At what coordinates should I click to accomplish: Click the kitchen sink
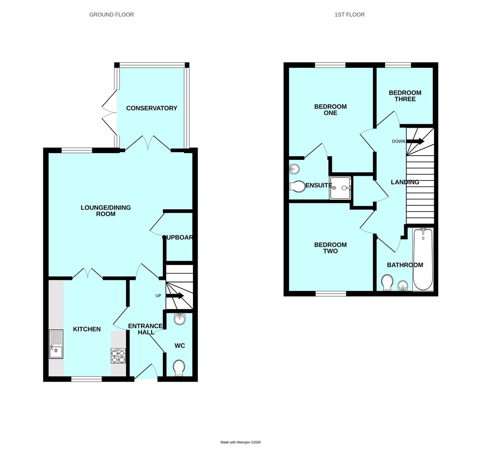click(56, 344)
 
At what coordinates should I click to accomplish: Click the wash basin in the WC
click(180, 319)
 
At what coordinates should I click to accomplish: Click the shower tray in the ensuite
click(340, 188)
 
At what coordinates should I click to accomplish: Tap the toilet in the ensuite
click(297, 186)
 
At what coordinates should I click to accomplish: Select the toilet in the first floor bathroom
click(387, 282)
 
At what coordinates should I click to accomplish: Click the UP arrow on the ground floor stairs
click(175, 296)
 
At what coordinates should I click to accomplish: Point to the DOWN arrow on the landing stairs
click(415, 141)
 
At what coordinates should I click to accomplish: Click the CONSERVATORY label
click(151, 108)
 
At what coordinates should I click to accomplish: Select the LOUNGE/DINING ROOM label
click(105, 210)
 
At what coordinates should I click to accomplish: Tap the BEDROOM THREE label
click(405, 96)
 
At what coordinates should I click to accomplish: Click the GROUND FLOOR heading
click(111, 15)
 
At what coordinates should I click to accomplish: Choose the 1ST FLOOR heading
click(349, 15)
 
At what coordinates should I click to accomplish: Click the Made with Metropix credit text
click(240, 442)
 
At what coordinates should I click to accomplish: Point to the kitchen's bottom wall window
click(87, 379)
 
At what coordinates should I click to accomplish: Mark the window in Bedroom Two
click(331, 294)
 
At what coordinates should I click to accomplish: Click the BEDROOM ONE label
click(330, 110)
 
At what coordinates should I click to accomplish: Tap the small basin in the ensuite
click(294, 169)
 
